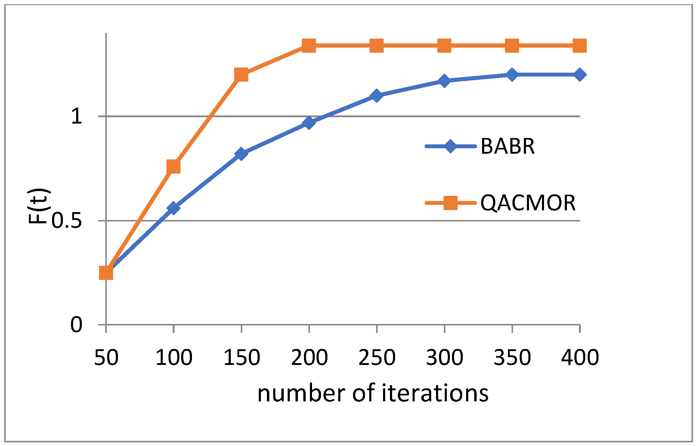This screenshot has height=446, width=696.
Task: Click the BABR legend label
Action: [x=507, y=146]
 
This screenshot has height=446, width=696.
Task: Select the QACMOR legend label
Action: [x=528, y=203]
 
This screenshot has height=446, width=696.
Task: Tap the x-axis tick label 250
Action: [x=377, y=358]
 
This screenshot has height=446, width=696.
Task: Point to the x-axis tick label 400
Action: [x=580, y=358]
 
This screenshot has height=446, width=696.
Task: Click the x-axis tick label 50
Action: [x=106, y=358]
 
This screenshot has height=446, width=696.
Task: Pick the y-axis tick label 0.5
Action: [x=67, y=221]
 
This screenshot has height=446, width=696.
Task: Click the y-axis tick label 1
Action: [x=76, y=116]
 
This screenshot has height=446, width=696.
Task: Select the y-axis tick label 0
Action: [x=76, y=325]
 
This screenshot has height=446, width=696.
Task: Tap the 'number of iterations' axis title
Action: [x=373, y=394]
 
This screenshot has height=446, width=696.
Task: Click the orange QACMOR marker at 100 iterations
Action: [x=173, y=167]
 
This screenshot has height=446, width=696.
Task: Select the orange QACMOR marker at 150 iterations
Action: [x=241, y=74]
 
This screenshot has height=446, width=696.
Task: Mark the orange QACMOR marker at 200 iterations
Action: [x=309, y=46]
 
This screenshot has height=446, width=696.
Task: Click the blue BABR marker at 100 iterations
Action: [x=173, y=208]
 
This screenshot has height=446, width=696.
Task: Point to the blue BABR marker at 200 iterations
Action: [x=309, y=123]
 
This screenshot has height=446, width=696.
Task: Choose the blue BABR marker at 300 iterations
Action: [x=444, y=81]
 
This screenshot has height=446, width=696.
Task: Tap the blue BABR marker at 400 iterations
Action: [x=580, y=74]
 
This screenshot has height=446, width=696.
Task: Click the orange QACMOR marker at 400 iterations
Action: [x=580, y=46]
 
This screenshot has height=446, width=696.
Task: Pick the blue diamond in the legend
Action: [x=450, y=146]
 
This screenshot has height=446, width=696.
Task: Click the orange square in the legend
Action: [x=450, y=203]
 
